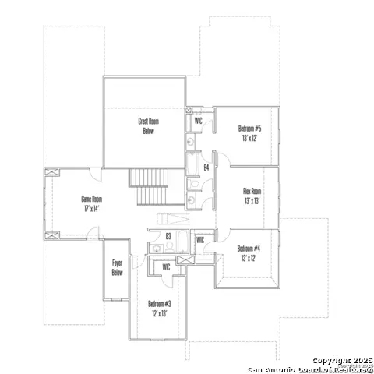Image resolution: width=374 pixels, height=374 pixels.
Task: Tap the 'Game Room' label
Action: pyautogui.click(x=92, y=199)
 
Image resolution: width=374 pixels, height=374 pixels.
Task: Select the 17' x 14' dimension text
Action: pyautogui.click(x=92, y=208)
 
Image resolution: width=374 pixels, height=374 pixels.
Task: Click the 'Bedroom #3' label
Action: pyautogui.click(x=159, y=303)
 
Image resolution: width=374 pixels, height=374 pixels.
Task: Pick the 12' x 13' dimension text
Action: pyautogui.click(x=159, y=312)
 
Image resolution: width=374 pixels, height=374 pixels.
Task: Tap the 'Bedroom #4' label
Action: pyautogui.click(x=249, y=249)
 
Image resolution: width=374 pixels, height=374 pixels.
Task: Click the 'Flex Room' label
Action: pyautogui.click(x=252, y=191)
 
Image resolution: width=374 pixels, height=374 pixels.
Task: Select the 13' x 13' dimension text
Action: pyautogui.click(x=252, y=200)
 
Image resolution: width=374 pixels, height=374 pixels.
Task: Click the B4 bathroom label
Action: pyautogui.click(x=206, y=167)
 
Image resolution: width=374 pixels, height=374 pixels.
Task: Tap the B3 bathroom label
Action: pyautogui.click(x=168, y=235)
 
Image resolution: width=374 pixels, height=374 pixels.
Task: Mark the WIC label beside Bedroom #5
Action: pyautogui.click(x=199, y=121)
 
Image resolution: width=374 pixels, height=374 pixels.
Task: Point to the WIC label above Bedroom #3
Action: pyautogui.click(x=166, y=267)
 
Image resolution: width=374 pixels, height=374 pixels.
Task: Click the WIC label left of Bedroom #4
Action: pyautogui.click(x=200, y=240)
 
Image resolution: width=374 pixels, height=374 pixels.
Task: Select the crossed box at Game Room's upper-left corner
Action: pyautogui.click(x=52, y=172)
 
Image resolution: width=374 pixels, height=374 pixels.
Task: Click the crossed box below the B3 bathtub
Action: pyautogui.click(x=183, y=260)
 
